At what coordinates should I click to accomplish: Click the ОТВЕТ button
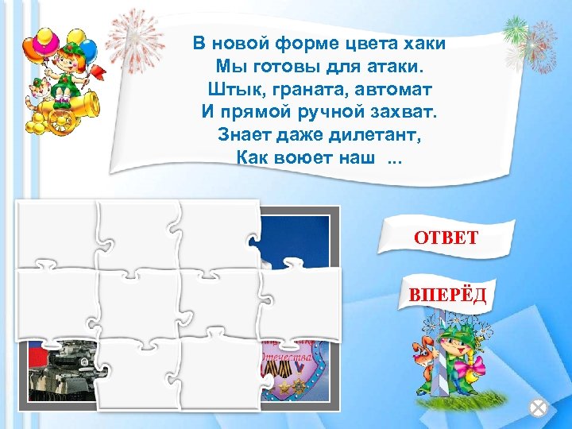[445, 237]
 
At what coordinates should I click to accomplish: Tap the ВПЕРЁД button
[447, 296]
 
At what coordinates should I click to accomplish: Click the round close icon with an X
[539, 408]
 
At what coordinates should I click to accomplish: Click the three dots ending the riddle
[393, 157]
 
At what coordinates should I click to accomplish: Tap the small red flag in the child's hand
[99, 71]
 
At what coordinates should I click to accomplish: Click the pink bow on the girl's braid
[477, 365]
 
